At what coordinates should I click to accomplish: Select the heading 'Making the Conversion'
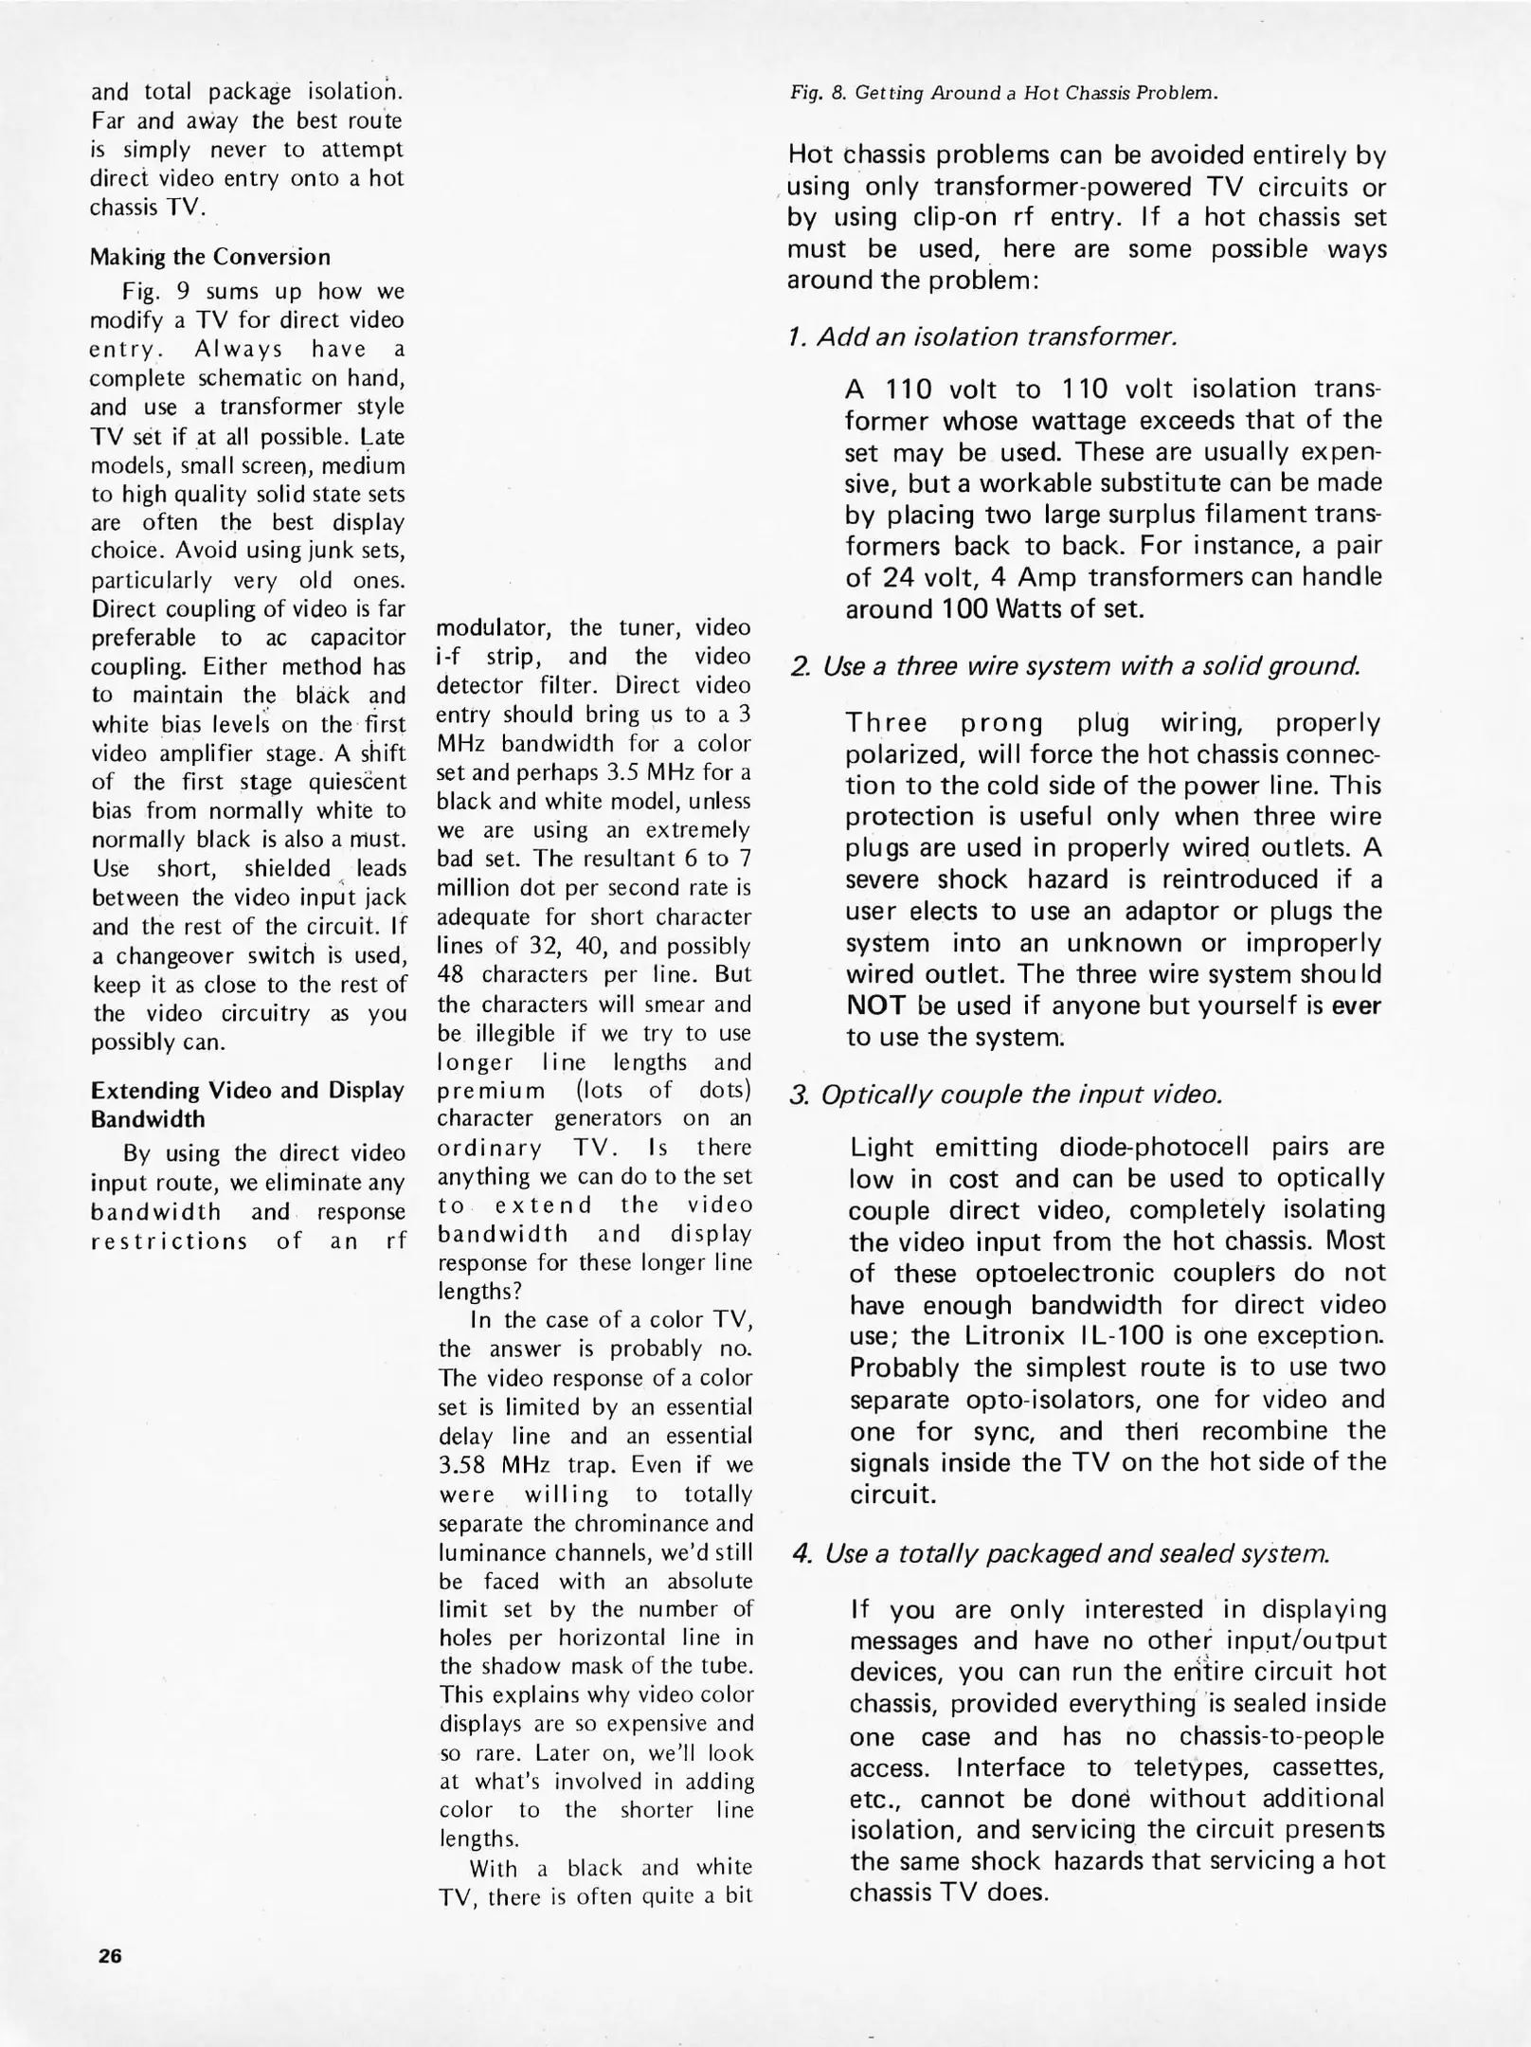210,257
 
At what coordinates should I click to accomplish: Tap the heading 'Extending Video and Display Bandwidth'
247,1104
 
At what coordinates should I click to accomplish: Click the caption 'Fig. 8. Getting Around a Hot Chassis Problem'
1003,93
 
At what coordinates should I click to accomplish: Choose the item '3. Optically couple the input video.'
1006,1095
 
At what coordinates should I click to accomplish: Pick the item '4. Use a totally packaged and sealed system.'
1061,1553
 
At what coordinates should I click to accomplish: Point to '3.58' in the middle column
461,1465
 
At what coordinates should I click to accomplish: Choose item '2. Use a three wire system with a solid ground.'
1075,666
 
